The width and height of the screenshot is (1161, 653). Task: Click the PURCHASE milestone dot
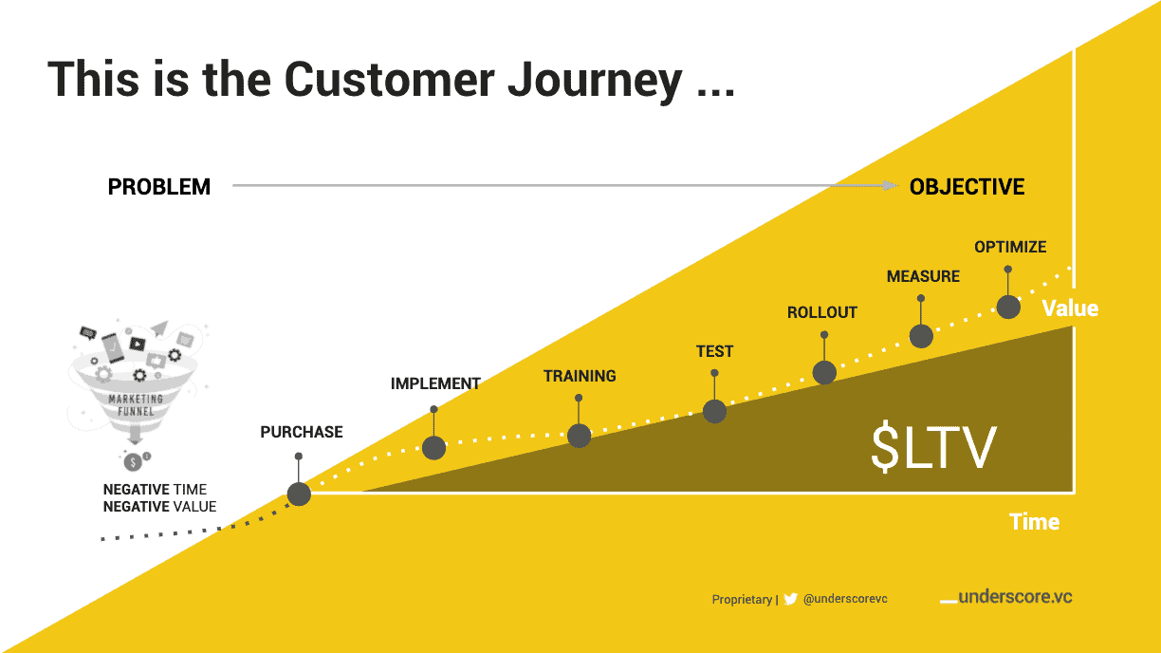(x=299, y=494)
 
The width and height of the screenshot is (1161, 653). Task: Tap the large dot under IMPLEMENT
(x=433, y=448)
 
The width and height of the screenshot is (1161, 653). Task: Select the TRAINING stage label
(x=580, y=376)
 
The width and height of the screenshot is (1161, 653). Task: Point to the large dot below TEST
(x=715, y=411)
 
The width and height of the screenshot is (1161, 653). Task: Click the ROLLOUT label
(x=822, y=313)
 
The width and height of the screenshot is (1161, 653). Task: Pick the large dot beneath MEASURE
(x=921, y=336)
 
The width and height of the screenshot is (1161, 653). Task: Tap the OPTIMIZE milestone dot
(x=1008, y=308)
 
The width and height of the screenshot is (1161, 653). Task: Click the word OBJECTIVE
(x=967, y=187)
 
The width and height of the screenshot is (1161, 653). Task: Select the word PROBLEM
(x=159, y=187)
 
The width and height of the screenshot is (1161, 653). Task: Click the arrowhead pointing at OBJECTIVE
(x=891, y=185)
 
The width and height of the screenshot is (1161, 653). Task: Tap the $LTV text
(x=933, y=447)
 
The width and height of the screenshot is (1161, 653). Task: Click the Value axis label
(x=1070, y=308)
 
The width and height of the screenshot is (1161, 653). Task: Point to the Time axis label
(x=1035, y=522)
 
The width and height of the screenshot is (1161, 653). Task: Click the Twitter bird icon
(x=790, y=599)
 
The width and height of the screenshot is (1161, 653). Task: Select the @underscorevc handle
(x=845, y=599)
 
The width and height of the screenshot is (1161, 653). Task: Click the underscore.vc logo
(x=1006, y=597)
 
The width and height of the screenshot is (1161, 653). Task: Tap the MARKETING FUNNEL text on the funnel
(x=136, y=405)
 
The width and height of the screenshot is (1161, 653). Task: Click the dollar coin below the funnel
(x=133, y=461)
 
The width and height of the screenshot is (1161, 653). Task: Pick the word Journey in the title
(x=595, y=81)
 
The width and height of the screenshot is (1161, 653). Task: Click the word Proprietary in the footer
(x=742, y=600)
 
